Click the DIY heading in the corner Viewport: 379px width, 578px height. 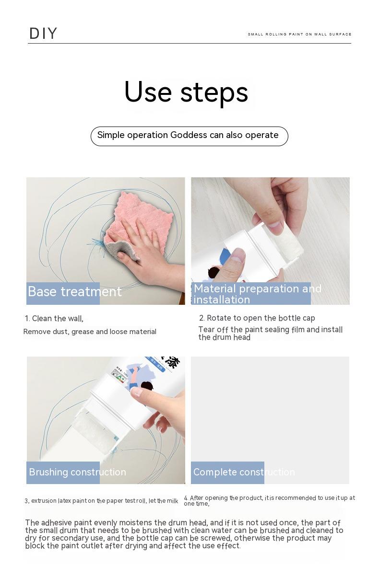pos(43,34)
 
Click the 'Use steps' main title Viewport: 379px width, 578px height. pos(186,92)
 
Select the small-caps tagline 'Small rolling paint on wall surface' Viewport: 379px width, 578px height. pos(299,34)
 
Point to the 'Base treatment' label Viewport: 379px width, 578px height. pos(75,291)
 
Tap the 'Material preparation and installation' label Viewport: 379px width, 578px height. pos(258,294)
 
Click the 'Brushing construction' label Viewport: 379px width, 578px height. pos(77,472)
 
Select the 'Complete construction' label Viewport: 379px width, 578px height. pos(244,472)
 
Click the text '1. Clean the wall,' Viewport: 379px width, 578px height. pos(54,318)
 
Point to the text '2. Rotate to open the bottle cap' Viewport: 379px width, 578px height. pos(257,318)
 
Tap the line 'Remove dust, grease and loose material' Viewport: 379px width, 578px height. pos(90,332)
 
